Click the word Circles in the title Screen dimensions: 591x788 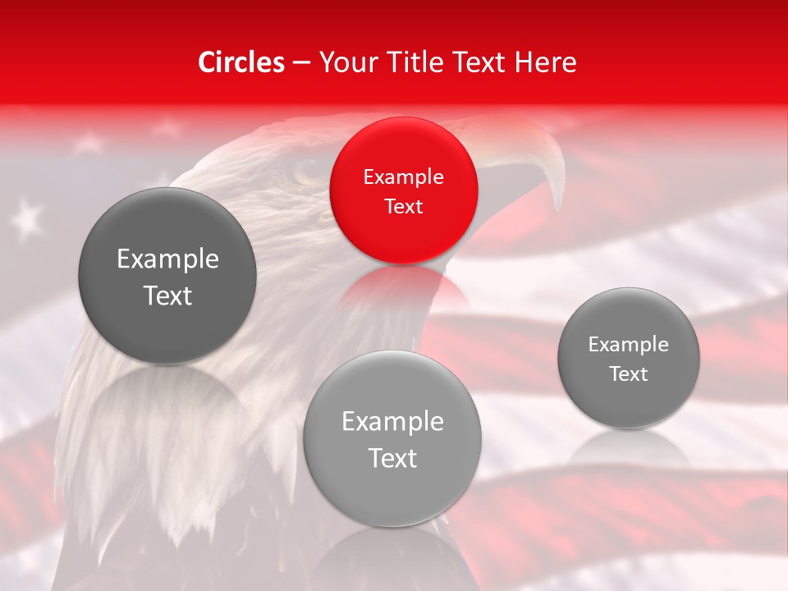pyautogui.click(x=241, y=62)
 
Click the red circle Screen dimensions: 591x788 pyautogui.click(x=403, y=190)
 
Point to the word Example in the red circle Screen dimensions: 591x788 pyautogui.click(x=403, y=176)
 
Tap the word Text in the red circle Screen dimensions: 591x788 pyautogui.click(x=403, y=206)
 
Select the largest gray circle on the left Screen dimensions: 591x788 pyautogui.click(x=167, y=277)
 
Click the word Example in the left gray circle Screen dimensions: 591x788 pyautogui.click(x=167, y=259)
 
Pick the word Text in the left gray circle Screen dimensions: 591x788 pyautogui.click(x=167, y=295)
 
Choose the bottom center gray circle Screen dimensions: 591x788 pyautogui.click(x=392, y=439)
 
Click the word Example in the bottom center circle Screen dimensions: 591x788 pyautogui.click(x=392, y=421)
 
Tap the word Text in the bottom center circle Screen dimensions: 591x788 pyautogui.click(x=392, y=458)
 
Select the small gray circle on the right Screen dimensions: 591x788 pyautogui.click(x=628, y=358)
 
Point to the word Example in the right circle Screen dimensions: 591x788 pyautogui.click(x=628, y=344)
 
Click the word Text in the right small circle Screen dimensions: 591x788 pyautogui.click(x=628, y=373)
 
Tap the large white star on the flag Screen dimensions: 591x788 pyautogui.click(x=29, y=218)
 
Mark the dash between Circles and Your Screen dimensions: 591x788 pyautogui.click(x=301, y=63)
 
